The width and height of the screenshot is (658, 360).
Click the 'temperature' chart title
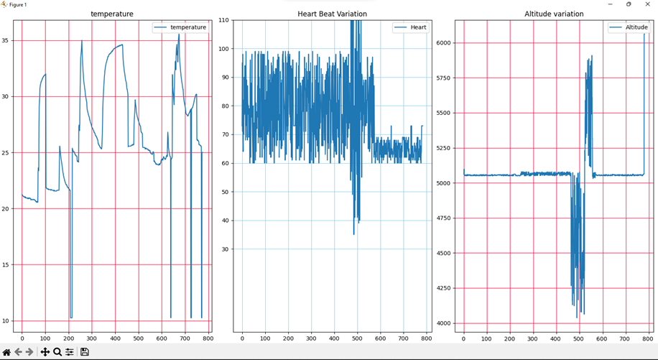(x=111, y=14)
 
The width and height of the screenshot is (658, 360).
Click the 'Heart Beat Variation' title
(x=332, y=14)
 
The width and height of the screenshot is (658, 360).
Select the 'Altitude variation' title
(x=554, y=14)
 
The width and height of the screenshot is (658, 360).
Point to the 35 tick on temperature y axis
(x=6, y=40)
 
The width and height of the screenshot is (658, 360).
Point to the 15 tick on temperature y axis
(x=6, y=265)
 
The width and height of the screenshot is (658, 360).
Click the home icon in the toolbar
(x=6, y=352)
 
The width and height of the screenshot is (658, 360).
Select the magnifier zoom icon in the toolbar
(x=57, y=352)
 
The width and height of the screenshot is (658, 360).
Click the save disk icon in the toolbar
(x=84, y=352)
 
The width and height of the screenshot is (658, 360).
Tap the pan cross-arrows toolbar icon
(x=45, y=352)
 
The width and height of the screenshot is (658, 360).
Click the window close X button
(x=647, y=4)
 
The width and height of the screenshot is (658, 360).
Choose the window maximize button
(x=629, y=4)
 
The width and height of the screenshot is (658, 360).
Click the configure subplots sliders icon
(x=70, y=352)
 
